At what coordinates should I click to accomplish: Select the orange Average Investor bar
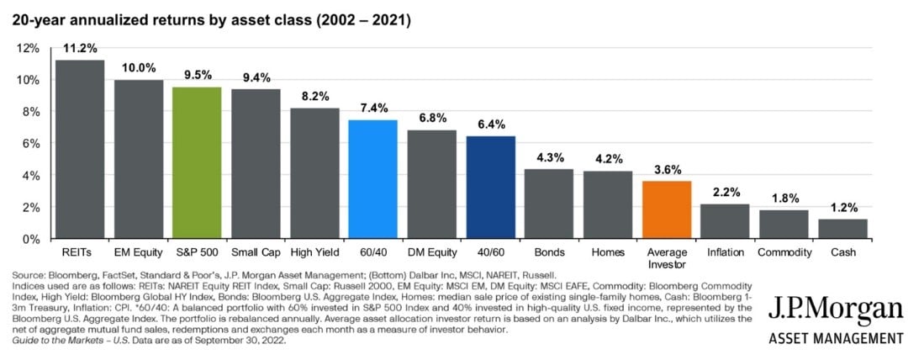(667, 209)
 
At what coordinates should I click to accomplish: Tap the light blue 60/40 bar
(373, 179)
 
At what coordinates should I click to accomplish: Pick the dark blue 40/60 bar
(491, 187)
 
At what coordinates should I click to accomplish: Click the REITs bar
(80, 149)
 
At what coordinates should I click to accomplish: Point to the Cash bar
(842, 228)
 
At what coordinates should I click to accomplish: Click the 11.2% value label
(80, 49)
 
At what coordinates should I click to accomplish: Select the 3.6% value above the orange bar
(667, 170)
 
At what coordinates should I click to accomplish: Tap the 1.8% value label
(784, 199)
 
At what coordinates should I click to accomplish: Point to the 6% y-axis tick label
(29, 143)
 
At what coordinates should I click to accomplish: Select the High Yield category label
(314, 252)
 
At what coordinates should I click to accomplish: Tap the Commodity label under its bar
(784, 252)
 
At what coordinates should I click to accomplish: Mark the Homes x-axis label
(608, 252)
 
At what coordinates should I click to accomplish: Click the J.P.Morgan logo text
(836, 310)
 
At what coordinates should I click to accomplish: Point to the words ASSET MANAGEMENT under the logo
(836, 338)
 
